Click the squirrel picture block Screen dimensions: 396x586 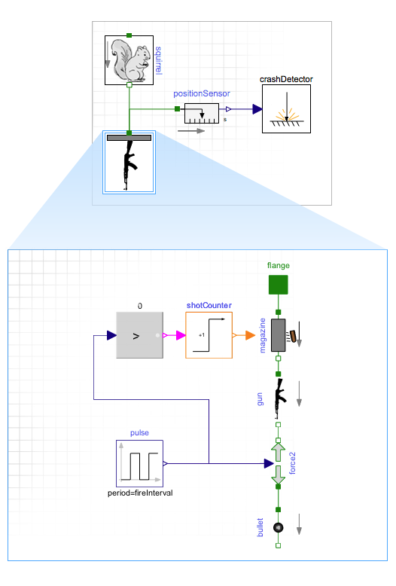click(129, 60)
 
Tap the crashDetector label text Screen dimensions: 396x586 click(286, 79)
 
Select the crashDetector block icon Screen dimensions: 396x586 click(286, 108)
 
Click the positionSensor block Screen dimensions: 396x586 click(202, 113)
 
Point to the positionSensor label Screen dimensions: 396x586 click(201, 93)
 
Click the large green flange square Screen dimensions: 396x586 click(279, 285)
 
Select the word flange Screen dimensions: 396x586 click(279, 265)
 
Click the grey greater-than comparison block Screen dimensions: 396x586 click(140, 335)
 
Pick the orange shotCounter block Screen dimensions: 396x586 click(209, 335)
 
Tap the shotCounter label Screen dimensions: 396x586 click(209, 305)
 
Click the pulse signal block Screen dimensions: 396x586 click(140, 463)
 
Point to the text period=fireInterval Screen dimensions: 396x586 click(140, 493)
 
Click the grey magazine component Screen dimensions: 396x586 click(279, 335)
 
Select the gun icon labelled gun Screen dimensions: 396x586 click(280, 398)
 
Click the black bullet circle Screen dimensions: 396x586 click(279, 527)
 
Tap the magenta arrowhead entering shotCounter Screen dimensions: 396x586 click(181, 335)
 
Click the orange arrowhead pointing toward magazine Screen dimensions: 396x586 click(250, 335)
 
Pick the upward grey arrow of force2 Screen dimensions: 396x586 click(279, 452)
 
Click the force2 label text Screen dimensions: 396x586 click(293, 463)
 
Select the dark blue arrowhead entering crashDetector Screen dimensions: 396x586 click(257, 109)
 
